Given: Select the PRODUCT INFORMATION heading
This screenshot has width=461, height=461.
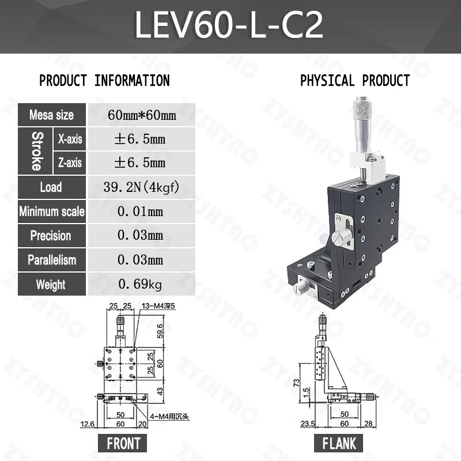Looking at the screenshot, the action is (105, 81).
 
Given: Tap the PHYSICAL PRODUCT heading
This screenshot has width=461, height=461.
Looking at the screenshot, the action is (355, 81).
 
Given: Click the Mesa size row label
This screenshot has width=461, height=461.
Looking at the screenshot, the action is (51, 115).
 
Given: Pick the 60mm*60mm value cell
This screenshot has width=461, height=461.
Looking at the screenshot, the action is (142, 115).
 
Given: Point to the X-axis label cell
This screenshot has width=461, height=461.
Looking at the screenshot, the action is (70, 139).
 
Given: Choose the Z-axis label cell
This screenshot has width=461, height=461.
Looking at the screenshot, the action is (70, 163).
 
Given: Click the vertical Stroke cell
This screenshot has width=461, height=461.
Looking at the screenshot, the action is (35, 151).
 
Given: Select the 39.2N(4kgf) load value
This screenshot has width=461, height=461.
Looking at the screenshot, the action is (141, 187).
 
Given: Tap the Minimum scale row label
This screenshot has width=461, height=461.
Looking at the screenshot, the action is (51, 211).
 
